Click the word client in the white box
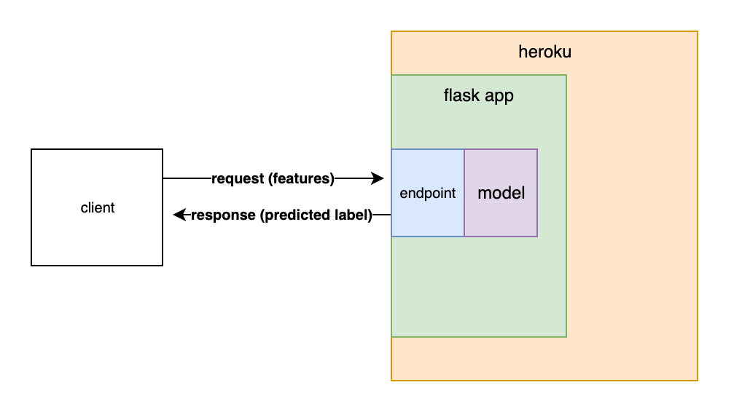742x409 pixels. pos(97,208)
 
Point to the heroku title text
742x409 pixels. pos(544,52)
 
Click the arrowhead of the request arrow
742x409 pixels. pos(378,178)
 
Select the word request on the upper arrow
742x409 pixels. pos(238,178)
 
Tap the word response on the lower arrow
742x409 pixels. pos(223,215)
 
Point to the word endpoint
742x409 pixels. pos(428,194)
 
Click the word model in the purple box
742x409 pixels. pos(501,194)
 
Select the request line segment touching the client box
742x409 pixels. pos(187,178)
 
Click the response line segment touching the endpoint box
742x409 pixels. pos(383,215)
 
